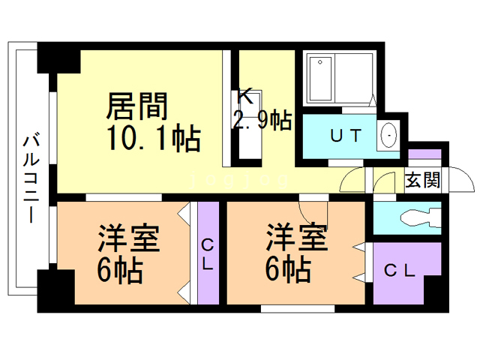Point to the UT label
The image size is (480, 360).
(346, 136)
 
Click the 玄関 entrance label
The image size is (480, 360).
(422, 181)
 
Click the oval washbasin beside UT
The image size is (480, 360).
(389, 136)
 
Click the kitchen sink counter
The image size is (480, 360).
(250, 124)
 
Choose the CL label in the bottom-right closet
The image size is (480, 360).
(399, 271)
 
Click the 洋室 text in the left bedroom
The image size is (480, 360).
(128, 241)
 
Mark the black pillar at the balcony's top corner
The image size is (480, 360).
(58, 59)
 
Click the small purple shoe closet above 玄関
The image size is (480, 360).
(424, 155)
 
